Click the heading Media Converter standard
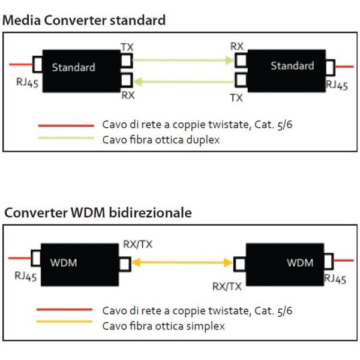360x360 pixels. coord(84,20)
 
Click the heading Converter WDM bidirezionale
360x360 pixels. coord(98,212)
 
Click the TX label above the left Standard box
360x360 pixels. coord(127,47)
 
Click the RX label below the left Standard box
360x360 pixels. coord(128,95)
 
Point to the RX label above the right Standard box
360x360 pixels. coord(237,46)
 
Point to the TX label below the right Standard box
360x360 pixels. coord(236,97)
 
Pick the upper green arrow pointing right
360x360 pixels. coord(183,60)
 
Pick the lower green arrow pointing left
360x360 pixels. coord(183,81)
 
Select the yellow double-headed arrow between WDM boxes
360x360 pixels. coord(183,262)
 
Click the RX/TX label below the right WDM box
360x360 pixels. coord(227,287)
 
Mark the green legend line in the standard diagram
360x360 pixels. coord(65,139)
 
